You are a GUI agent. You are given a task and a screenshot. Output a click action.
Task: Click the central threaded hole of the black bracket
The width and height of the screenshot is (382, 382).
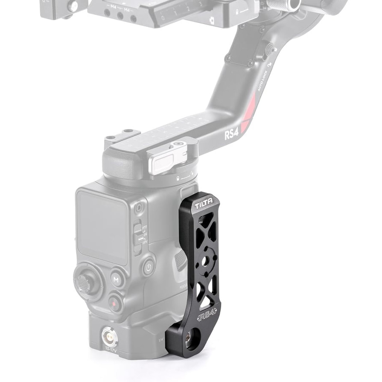(x=205, y=260)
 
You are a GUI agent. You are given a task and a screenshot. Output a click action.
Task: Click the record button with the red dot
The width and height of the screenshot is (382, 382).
(x=114, y=303)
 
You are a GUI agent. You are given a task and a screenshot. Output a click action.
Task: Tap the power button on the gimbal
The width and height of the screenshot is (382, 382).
(x=148, y=268)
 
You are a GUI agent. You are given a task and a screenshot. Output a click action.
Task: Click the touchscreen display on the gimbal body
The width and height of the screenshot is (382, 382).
(x=103, y=226)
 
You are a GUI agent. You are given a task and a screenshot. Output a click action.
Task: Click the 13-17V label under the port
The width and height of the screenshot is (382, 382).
(x=110, y=350)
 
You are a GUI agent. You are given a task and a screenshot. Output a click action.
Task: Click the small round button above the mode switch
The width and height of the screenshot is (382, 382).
(x=139, y=209)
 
